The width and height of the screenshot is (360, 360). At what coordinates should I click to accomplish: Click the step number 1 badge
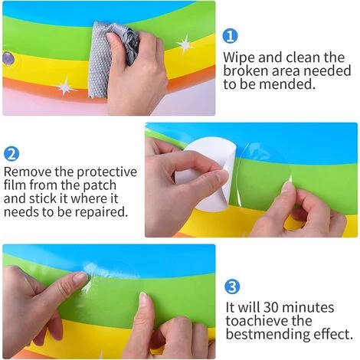(230, 36)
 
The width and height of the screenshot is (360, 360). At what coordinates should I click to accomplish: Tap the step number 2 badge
(11, 154)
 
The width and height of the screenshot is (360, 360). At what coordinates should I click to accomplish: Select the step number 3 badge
(232, 286)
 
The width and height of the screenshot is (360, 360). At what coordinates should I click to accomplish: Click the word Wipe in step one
(239, 58)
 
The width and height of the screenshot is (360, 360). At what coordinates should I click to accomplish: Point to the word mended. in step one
(286, 84)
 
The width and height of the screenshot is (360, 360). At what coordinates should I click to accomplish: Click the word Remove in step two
(28, 172)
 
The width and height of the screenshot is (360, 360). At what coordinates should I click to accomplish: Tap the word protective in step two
(106, 172)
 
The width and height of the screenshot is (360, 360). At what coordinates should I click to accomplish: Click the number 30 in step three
(271, 307)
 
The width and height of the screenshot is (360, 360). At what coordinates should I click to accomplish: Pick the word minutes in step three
(308, 307)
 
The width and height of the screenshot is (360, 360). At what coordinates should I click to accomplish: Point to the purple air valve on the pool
(8, 59)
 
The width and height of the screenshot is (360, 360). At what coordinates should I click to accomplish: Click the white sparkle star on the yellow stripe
(185, 44)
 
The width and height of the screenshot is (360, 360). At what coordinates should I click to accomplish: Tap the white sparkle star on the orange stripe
(66, 87)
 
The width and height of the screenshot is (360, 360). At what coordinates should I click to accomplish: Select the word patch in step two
(100, 186)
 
